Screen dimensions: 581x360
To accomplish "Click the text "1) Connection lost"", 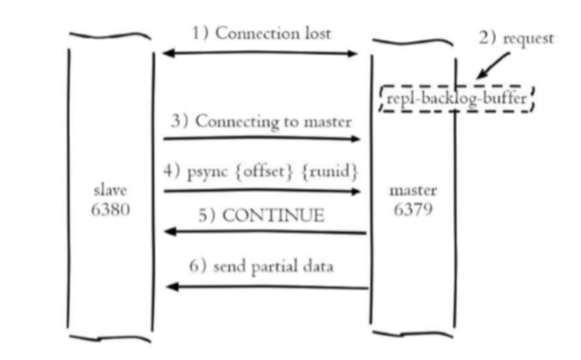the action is [261, 34].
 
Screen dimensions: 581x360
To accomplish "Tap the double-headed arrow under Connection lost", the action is [260, 53].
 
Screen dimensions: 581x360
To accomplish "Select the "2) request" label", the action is [516, 38].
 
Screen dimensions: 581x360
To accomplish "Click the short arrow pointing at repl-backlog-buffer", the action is [493, 65].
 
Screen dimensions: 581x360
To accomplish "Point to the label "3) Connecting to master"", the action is [261, 121].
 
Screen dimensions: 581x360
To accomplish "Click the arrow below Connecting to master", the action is [262, 139].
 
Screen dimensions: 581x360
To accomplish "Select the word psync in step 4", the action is [207, 172].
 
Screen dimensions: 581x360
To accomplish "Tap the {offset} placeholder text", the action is [264, 171].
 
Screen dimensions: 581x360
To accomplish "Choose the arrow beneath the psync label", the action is [262, 191].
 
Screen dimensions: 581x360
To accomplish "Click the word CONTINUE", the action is [273, 215].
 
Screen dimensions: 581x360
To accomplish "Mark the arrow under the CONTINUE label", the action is [265, 232].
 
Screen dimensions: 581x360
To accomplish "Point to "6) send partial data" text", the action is [261, 267].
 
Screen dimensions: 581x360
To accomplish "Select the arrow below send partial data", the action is [267, 287].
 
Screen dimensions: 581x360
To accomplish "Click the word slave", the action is [110, 190].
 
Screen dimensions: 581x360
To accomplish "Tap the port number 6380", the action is [110, 209].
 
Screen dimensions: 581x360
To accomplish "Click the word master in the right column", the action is [413, 191].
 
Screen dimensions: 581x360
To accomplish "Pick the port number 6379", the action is [413, 209].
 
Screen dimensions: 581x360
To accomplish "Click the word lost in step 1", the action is [318, 34].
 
